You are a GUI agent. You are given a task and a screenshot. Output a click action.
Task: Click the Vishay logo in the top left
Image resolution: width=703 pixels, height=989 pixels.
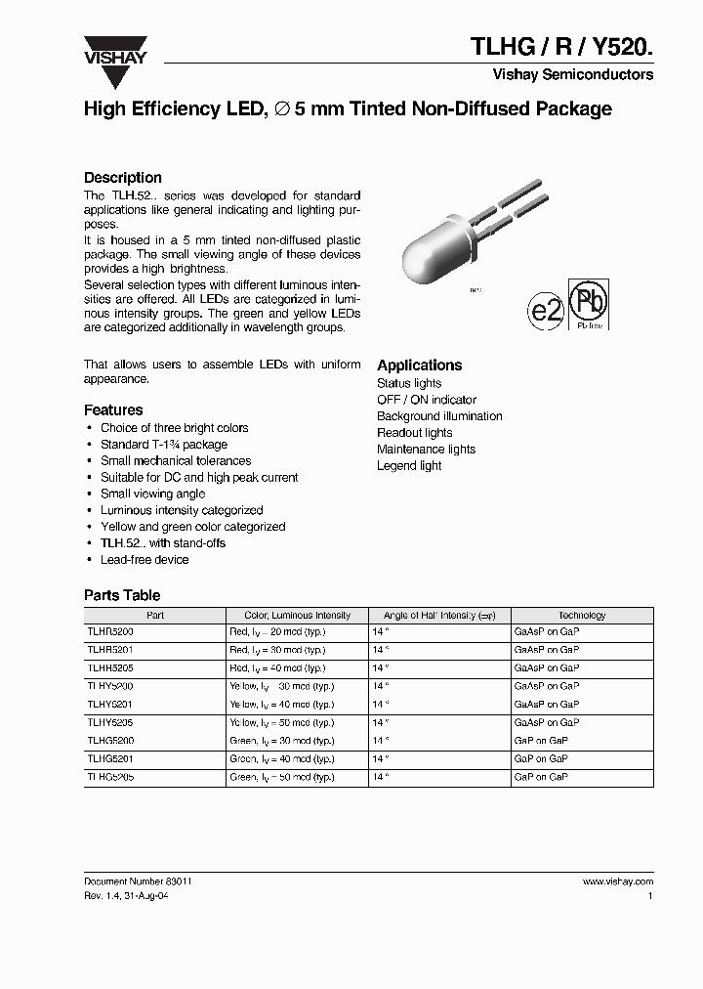coord(114,51)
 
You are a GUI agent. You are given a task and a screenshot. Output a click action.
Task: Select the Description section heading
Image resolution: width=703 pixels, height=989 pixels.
coord(123,178)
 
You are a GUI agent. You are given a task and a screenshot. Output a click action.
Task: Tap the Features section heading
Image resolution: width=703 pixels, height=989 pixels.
coord(113,410)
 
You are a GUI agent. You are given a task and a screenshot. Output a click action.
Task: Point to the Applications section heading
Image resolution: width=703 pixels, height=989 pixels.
coord(420,365)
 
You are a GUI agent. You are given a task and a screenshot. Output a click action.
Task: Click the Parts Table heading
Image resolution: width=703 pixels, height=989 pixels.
coord(122,595)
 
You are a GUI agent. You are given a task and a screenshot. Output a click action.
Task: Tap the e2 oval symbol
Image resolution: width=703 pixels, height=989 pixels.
coord(545,311)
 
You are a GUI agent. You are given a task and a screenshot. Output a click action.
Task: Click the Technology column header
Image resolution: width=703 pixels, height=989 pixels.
coord(582,616)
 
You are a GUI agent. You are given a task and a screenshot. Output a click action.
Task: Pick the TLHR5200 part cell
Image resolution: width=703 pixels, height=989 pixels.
coord(110,632)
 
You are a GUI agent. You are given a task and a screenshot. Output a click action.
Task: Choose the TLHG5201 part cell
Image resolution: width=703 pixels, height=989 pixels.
coord(110,758)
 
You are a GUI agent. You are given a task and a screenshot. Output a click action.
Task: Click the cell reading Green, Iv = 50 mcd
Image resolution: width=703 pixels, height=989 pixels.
coord(277,777)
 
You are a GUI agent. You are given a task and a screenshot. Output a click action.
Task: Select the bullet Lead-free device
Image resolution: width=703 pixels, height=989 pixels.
coord(145,560)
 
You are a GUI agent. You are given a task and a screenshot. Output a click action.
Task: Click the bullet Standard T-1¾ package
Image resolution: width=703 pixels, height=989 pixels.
coord(164,445)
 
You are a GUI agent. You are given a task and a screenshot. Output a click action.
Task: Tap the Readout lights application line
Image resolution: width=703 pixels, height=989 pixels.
coord(415,433)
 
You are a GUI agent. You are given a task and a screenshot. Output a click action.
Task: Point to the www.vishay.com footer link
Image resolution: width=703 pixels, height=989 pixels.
coord(617,881)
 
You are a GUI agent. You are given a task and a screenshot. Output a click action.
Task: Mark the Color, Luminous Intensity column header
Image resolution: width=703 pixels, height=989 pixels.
coord(298,616)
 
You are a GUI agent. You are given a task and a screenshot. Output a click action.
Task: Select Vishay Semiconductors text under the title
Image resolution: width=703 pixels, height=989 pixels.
coord(585,75)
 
